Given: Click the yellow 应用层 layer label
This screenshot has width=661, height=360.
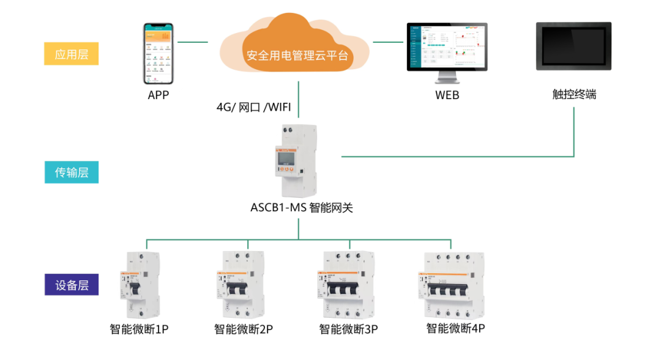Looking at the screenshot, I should [72, 54].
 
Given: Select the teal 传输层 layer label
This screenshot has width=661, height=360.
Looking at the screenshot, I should [72, 172].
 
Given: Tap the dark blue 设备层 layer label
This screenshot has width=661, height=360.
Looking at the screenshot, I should [72, 285].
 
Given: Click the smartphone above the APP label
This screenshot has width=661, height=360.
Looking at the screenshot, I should [158, 54].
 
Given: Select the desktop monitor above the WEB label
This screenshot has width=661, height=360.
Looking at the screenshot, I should [447, 52].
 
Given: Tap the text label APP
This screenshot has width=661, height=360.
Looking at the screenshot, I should [158, 95].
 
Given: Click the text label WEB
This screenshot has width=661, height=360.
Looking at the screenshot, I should [447, 95].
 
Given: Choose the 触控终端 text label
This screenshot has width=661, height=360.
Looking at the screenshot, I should [574, 95].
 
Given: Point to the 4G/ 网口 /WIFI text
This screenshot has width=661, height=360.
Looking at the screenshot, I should [253, 108].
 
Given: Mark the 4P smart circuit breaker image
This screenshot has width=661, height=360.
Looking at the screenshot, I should [450, 284].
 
